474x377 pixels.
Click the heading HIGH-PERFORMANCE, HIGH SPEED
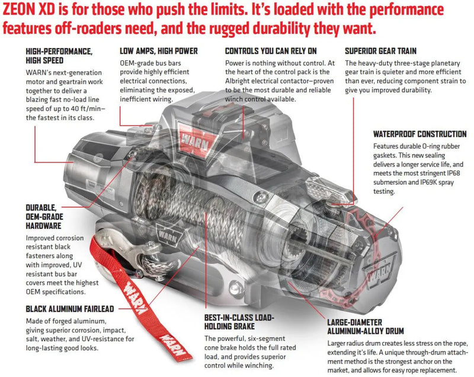[59, 56]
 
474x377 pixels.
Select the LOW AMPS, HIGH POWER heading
[158, 52]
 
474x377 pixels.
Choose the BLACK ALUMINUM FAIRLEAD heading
[70, 309]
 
